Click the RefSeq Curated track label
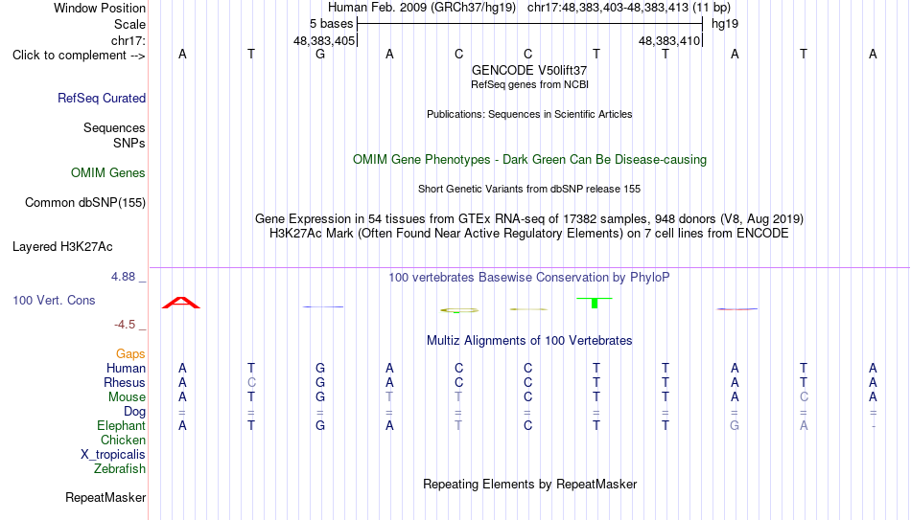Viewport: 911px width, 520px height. pyautogui.click(x=102, y=98)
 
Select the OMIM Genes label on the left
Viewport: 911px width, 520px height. pyautogui.click(x=108, y=173)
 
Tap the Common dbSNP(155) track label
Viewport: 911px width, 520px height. pyautogui.click(x=85, y=203)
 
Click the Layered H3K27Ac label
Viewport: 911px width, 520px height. pyautogui.click(x=62, y=247)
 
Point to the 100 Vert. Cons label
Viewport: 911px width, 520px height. pyautogui.click(x=54, y=300)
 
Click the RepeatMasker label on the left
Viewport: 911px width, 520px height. pyautogui.click(x=105, y=497)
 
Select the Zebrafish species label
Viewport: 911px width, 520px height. pyautogui.click(x=120, y=468)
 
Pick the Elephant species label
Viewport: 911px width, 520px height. pyautogui.click(x=121, y=425)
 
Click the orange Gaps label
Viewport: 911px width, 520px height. pyautogui.click(x=130, y=353)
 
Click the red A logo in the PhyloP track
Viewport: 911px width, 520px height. pyautogui.click(x=181, y=303)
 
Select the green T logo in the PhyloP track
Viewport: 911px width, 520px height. pyautogui.click(x=595, y=303)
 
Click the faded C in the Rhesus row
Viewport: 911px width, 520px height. pyautogui.click(x=251, y=382)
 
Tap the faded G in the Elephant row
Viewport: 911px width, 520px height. pyautogui.click(x=735, y=425)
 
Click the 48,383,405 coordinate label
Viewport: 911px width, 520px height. pyautogui.click(x=324, y=40)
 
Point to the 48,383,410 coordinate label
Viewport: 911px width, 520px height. pyautogui.click(x=669, y=40)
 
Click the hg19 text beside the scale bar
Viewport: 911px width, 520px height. pyautogui.click(x=725, y=24)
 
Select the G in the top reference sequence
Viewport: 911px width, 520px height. pyautogui.click(x=320, y=54)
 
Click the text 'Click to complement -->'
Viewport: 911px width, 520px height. pyautogui.click(x=79, y=56)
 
